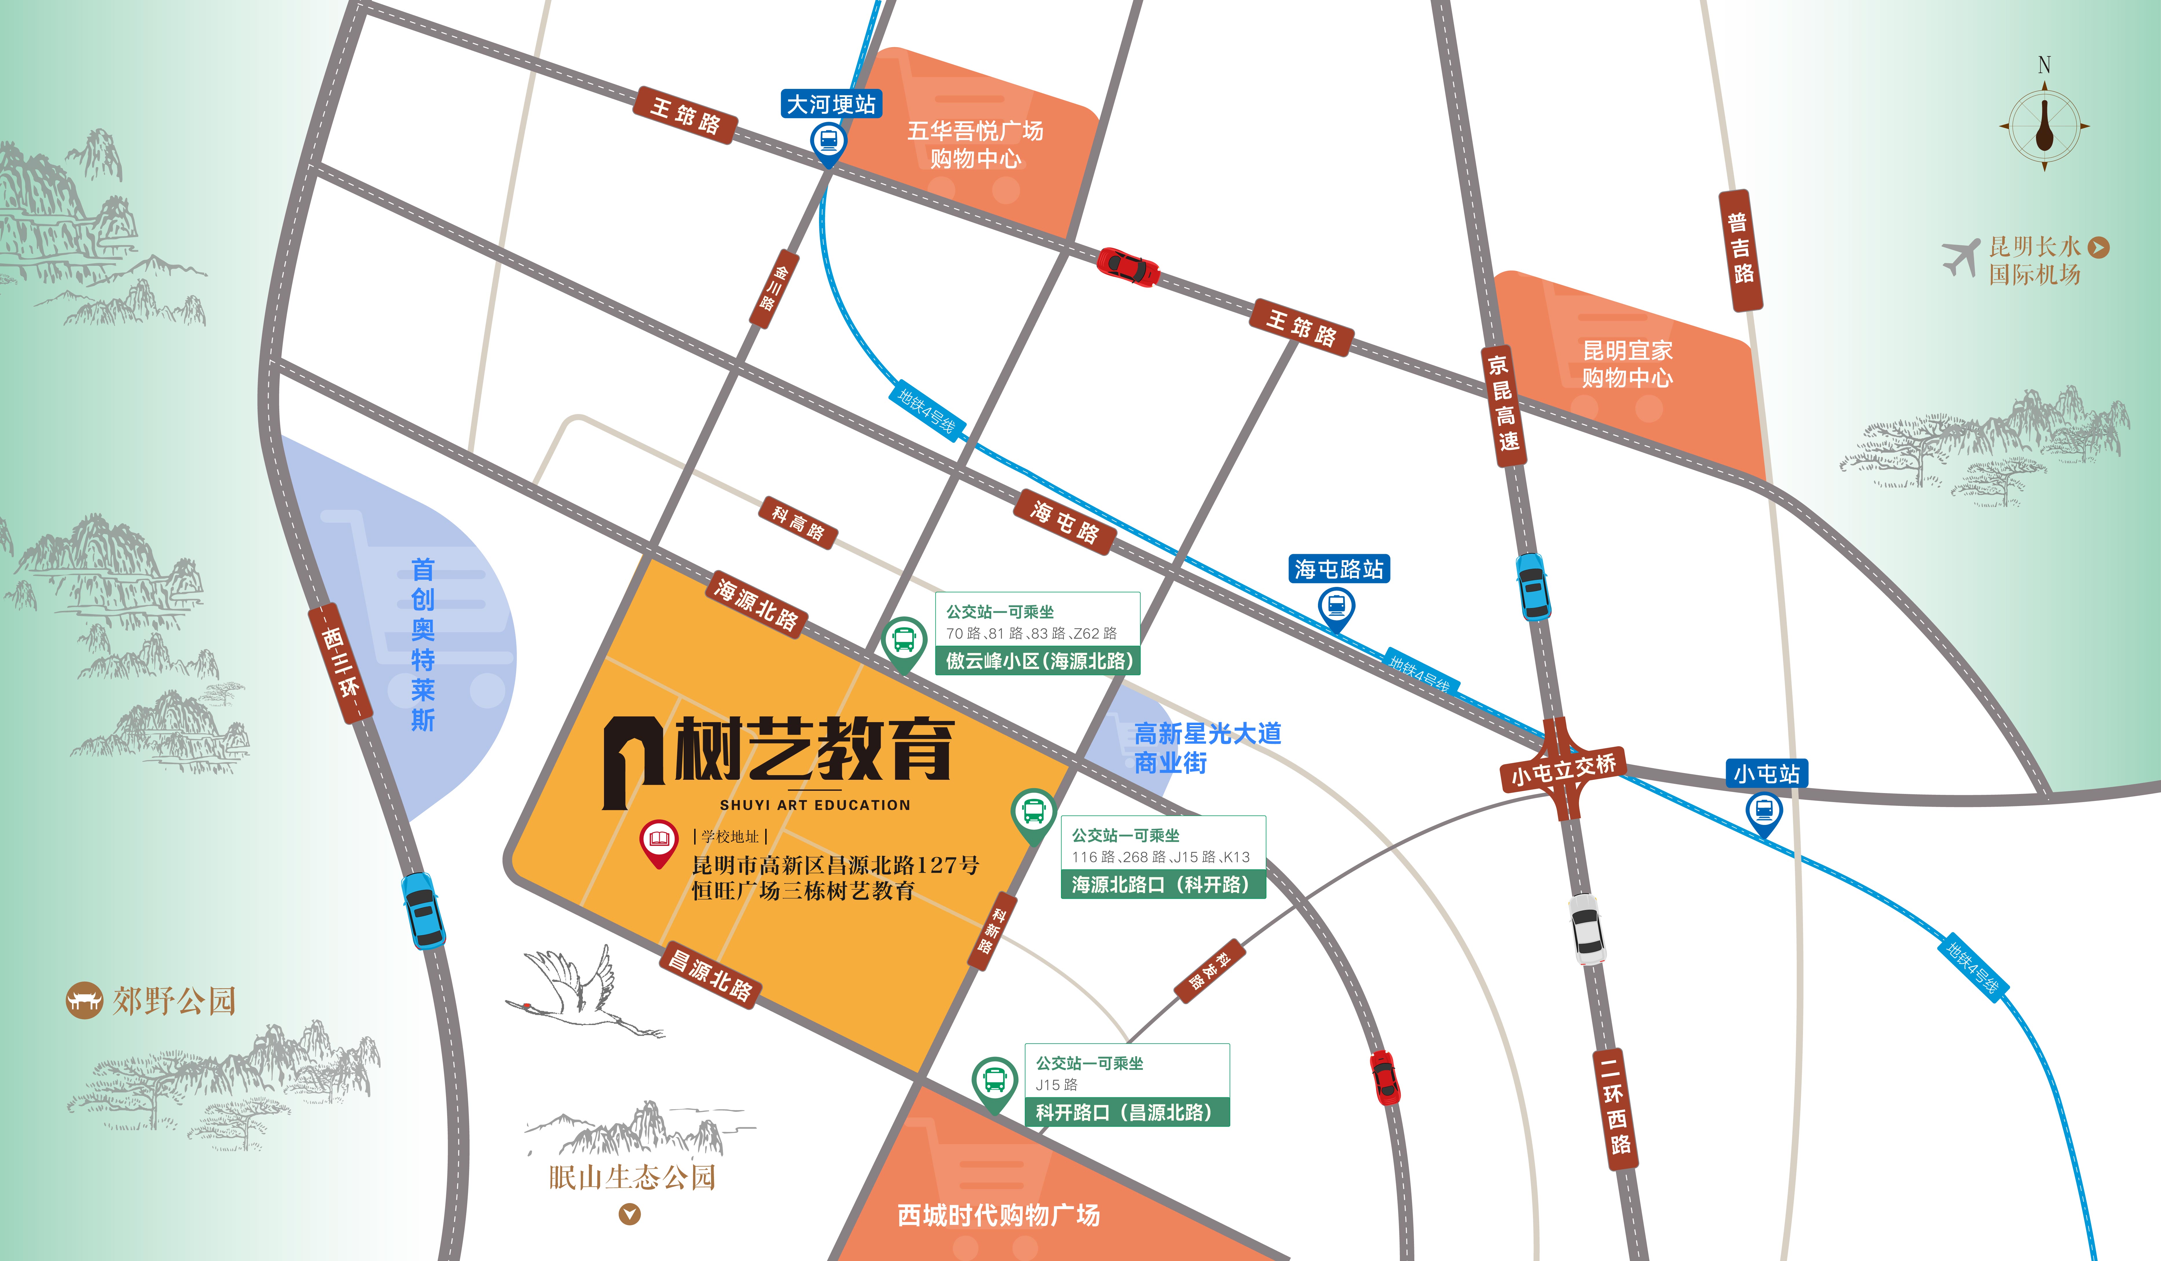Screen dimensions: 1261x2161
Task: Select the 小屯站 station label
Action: [1767, 774]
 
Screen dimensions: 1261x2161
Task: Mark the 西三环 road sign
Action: [340, 662]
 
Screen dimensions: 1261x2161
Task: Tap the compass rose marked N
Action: [2044, 126]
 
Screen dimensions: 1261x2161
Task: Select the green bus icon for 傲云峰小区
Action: [904, 641]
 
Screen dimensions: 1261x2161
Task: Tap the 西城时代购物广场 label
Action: [998, 1215]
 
